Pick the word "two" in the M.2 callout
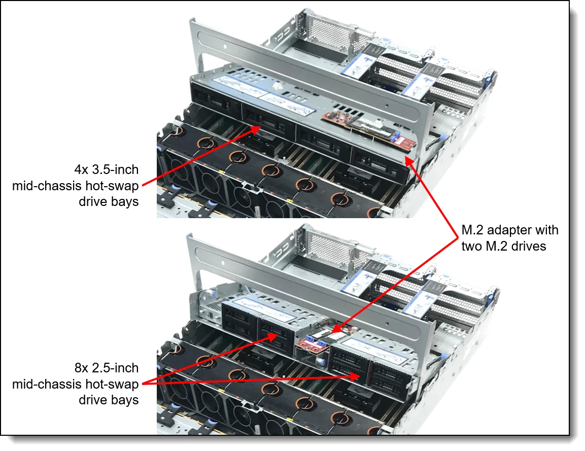tap(473, 247)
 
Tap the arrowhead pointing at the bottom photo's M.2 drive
tap(336, 330)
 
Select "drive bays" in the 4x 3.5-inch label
tap(109, 201)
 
